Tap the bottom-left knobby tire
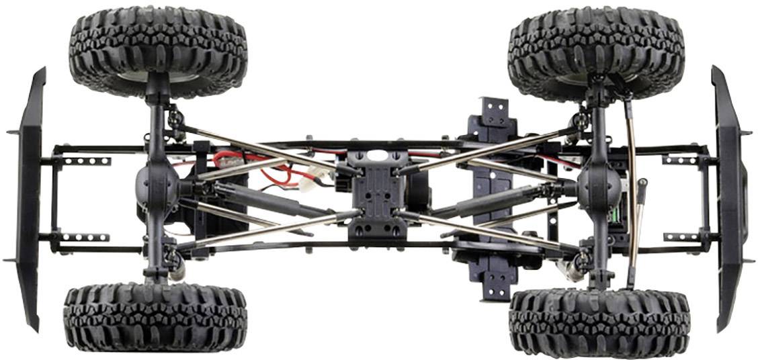tap(155, 316)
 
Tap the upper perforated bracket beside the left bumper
tap(86, 161)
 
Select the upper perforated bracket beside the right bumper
tap(680, 160)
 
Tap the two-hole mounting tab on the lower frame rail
tap(496, 283)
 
